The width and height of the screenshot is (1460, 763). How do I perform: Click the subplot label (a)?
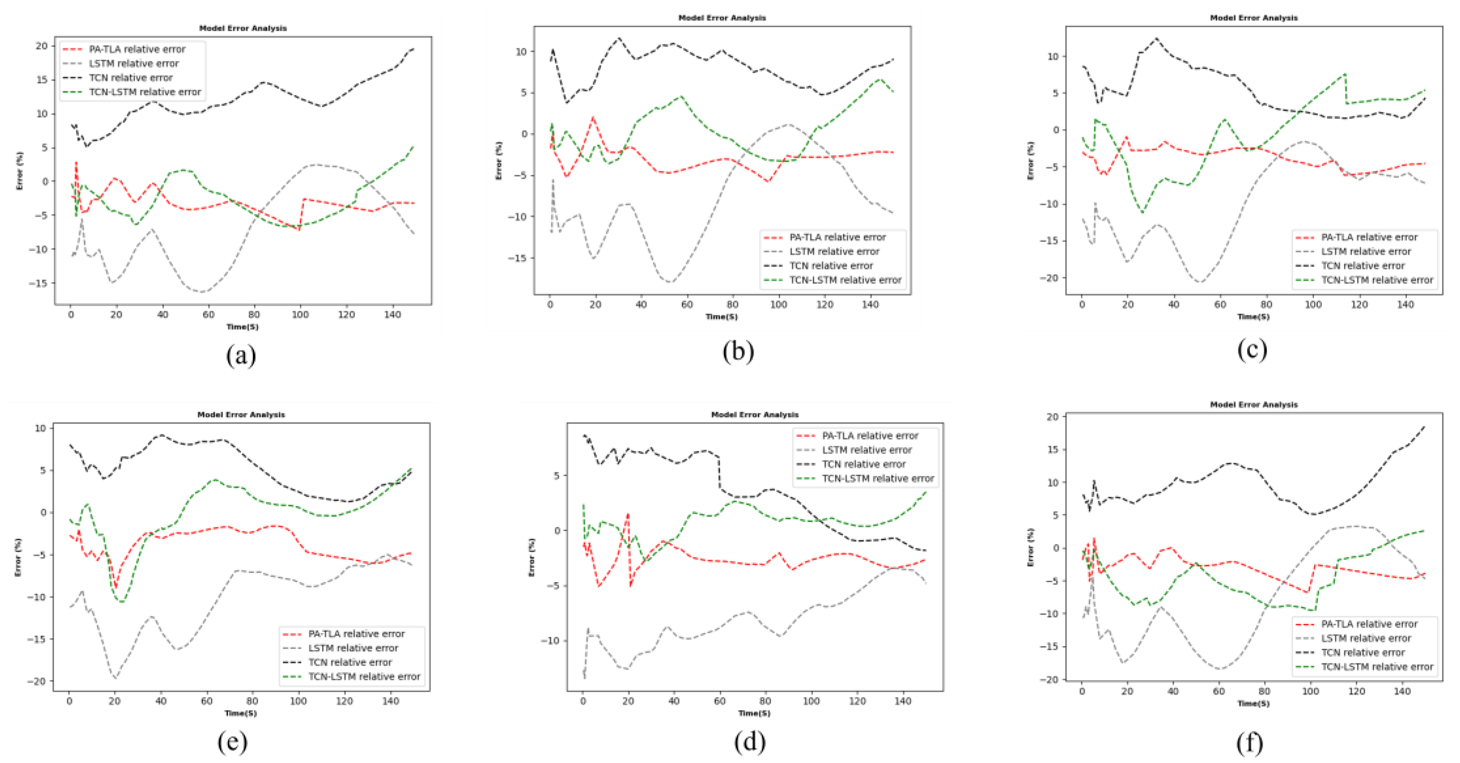point(241,355)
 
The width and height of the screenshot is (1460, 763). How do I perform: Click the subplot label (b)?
point(738,351)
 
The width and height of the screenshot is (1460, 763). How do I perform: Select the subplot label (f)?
point(1250,743)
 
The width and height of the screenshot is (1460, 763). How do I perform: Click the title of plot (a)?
point(243,28)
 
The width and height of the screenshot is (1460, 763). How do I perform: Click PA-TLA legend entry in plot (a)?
point(136,49)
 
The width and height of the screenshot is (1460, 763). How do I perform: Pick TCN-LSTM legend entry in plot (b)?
point(845,280)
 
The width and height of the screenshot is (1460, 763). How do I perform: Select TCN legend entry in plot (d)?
point(864,464)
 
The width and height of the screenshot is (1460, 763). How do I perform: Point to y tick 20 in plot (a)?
point(42,46)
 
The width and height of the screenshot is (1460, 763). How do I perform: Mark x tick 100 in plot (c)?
point(1313,304)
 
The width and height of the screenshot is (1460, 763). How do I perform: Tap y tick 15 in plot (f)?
point(1053,450)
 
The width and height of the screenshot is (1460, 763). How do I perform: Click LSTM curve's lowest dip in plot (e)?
point(115,678)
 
